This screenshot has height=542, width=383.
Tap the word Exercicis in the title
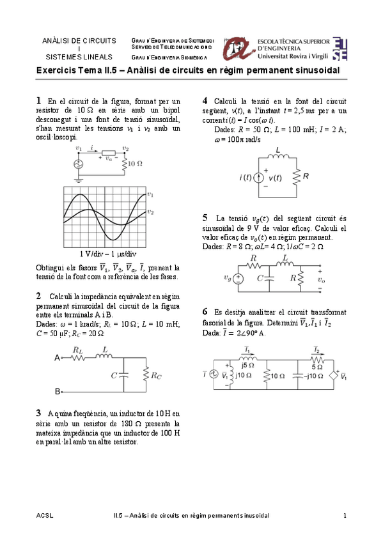point(56,71)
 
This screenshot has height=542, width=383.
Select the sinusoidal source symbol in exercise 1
point(79,164)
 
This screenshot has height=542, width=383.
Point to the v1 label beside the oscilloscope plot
point(150,194)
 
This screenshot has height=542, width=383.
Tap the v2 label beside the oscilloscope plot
point(150,212)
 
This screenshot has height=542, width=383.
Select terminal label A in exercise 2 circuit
point(57,359)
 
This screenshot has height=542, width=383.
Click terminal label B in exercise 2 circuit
point(57,391)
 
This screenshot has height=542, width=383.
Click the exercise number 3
point(39,413)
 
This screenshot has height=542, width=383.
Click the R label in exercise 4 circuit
point(306,176)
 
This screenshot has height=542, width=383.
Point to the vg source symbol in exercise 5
point(238,278)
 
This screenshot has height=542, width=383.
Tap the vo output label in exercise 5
point(320,279)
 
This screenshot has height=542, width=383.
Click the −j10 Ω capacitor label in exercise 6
point(313,376)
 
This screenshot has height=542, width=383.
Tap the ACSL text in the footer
point(45,515)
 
